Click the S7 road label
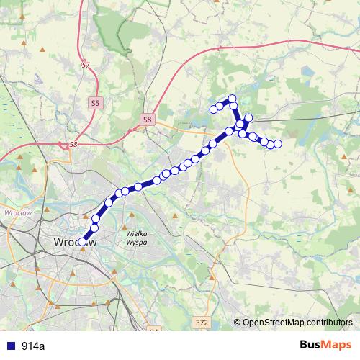(86, 65)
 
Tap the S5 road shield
(96, 104)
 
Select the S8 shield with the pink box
(147, 119)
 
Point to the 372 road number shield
(202, 324)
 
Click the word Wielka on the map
(136, 234)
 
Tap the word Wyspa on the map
(136, 243)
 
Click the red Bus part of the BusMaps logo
(311, 345)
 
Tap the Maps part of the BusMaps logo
(338, 345)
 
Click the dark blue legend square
(10, 346)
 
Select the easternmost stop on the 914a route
(278, 145)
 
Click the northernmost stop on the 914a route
(233, 98)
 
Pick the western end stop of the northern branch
(213, 109)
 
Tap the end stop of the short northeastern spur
(249, 117)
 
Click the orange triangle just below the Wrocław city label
(83, 251)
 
